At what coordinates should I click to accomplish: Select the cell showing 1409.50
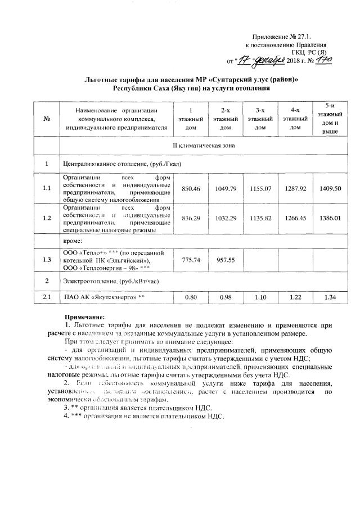coord(326,189)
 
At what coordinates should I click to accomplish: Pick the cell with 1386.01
coord(326,218)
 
